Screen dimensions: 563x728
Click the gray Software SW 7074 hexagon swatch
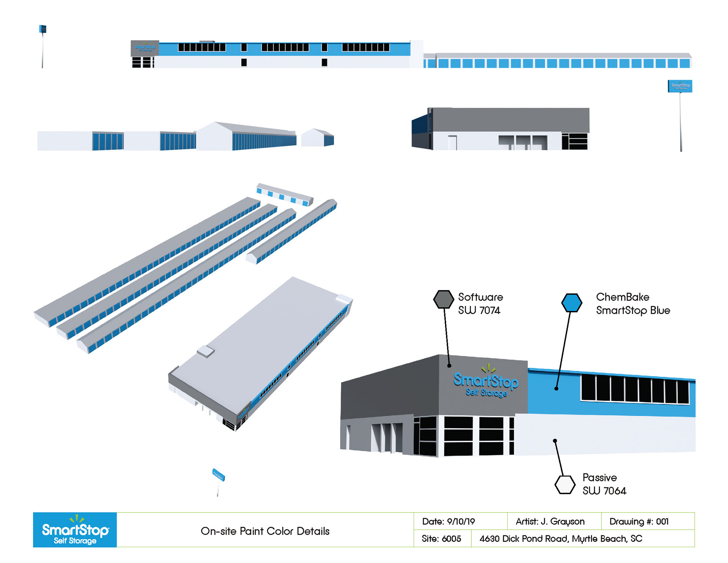443,299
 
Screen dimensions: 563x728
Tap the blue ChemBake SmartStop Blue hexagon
571,303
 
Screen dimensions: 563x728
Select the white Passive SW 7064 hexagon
565,484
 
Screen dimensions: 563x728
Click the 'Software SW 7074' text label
480,304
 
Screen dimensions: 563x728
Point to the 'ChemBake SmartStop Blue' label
633,304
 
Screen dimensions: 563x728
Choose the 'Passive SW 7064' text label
604,484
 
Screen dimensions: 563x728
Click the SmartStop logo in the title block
75,530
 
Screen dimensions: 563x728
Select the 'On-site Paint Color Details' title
265,531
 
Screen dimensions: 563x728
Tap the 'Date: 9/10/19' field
449,522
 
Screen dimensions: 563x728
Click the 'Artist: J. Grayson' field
550,522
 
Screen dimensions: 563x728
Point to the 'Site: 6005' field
441,539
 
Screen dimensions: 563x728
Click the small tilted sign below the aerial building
218,475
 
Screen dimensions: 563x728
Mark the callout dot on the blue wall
556,388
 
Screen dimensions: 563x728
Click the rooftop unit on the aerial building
206,351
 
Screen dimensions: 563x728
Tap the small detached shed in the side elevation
317,138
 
